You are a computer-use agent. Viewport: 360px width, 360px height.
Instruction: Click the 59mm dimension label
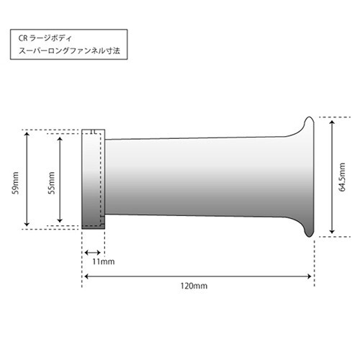[16, 183]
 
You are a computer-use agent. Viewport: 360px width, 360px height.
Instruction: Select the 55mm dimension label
[52, 183]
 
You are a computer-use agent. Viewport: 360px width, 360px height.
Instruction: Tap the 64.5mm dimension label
[342, 177]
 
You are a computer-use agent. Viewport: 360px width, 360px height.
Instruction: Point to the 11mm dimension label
[104, 261]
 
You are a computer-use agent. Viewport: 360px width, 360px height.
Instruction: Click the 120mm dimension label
[194, 286]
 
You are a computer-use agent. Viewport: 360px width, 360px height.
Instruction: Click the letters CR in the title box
[24, 38]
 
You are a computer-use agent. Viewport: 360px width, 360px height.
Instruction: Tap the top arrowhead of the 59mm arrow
[27, 134]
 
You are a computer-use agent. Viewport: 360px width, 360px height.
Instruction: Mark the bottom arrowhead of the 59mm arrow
[27, 224]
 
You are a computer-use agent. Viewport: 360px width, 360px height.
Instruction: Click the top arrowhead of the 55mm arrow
[60, 139]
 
